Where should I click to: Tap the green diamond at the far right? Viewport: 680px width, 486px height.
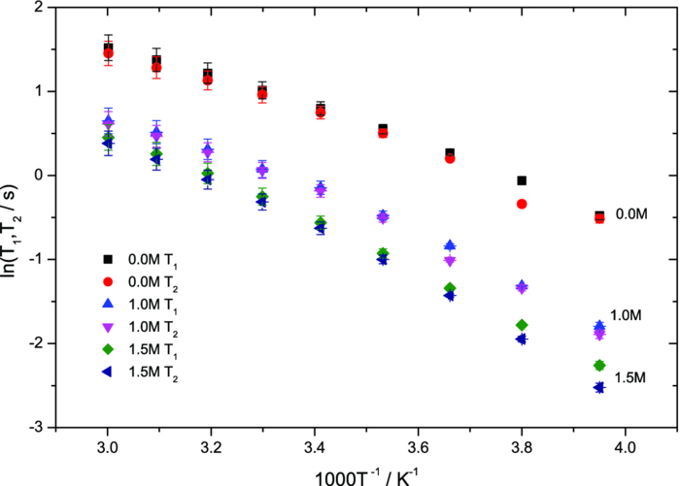click(x=599, y=365)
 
